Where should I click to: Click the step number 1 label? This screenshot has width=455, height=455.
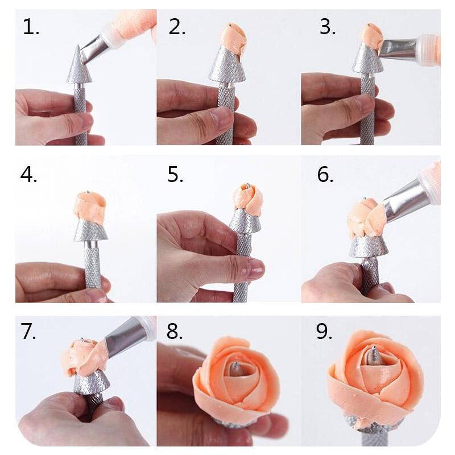click(31, 27)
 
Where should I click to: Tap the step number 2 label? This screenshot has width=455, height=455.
click(177, 27)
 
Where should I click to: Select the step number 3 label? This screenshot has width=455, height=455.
click(328, 27)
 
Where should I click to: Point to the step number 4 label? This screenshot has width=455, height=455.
click(29, 175)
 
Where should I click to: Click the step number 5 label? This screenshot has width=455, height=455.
click(175, 175)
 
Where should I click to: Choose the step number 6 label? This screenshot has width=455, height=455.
click(325, 175)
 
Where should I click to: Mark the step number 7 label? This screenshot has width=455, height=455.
click(28, 332)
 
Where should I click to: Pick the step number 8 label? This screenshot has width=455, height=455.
click(175, 332)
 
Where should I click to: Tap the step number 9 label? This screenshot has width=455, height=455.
click(324, 332)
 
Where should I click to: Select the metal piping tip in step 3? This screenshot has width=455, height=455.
click(400, 48)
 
